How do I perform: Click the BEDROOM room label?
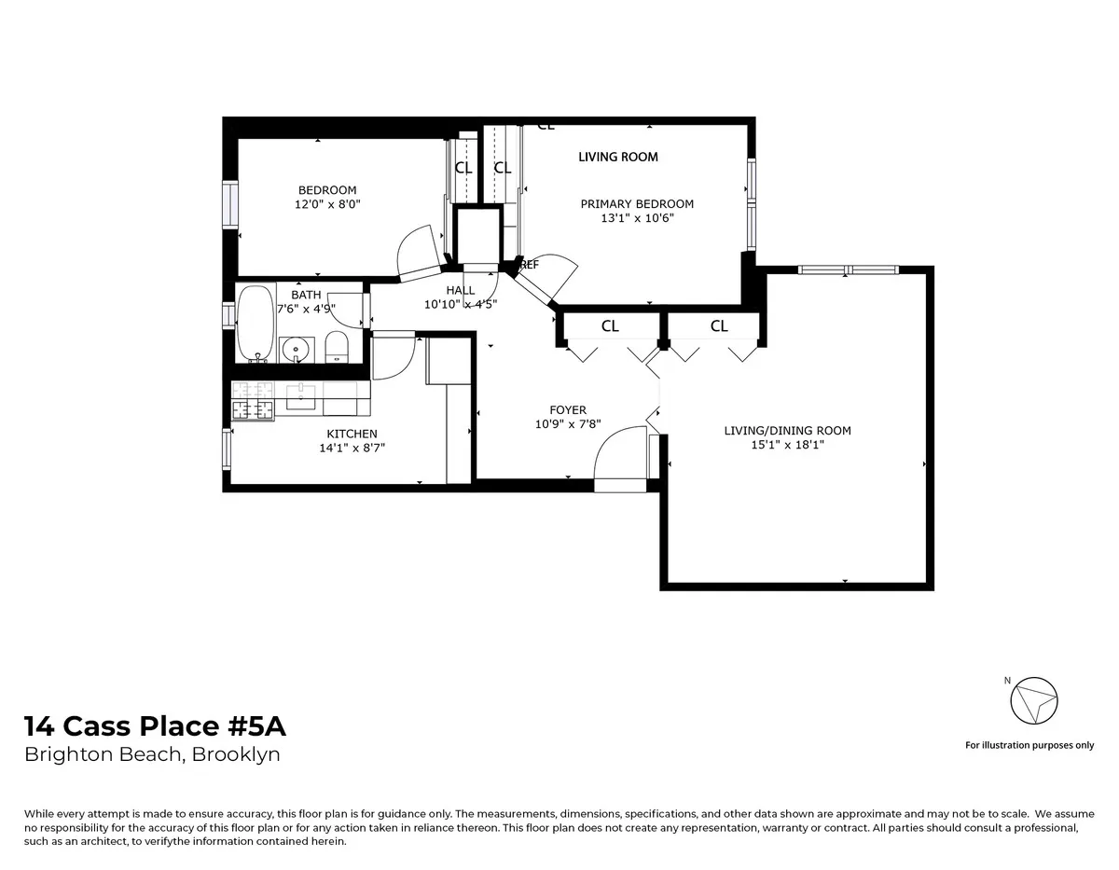coord(327,190)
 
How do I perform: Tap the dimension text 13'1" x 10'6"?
coord(637,218)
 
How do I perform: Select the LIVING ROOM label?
coord(618,157)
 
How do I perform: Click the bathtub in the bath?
coord(255,323)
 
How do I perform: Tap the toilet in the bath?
coord(337,347)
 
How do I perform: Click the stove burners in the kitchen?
coord(253,402)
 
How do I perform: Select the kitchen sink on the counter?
coord(302,396)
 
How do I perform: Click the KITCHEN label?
coord(352,434)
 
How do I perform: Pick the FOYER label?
coord(568,410)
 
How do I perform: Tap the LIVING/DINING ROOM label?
coord(787,431)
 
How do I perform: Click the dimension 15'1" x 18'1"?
coord(787,445)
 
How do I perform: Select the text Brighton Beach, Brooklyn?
coord(152,754)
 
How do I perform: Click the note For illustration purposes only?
coord(1029,745)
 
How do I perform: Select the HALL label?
coord(460,291)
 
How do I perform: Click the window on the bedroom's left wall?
coord(229,204)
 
